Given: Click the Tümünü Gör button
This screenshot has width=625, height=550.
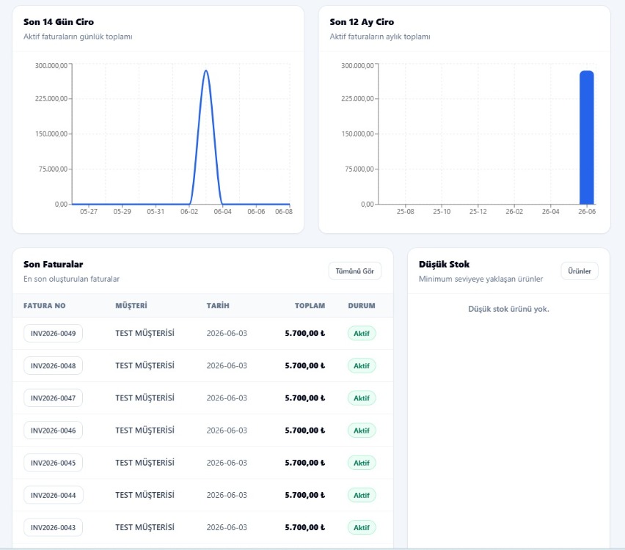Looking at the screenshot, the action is click(x=355, y=271).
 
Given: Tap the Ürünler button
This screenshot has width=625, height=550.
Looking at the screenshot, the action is click(x=580, y=271).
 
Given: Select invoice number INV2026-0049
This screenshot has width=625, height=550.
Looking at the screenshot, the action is click(x=53, y=333).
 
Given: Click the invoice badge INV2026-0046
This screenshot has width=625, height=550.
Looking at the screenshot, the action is click(x=53, y=430).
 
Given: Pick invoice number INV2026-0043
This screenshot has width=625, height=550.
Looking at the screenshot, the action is click(x=53, y=527).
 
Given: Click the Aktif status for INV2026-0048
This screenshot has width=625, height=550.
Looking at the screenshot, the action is click(x=362, y=366).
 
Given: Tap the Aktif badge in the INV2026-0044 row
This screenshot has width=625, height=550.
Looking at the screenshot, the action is click(x=362, y=495).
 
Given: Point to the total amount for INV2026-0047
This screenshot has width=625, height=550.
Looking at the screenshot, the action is click(x=305, y=398).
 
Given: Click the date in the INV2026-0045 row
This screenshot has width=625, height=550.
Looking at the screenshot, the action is click(x=227, y=463).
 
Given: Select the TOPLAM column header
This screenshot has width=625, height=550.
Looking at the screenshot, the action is click(x=310, y=306).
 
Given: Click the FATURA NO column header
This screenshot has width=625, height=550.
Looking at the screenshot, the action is click(x=44, y=306).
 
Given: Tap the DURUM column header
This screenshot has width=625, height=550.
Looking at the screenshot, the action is click(x=362, y=306).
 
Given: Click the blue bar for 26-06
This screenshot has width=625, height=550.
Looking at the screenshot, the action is click(x=587, y=138).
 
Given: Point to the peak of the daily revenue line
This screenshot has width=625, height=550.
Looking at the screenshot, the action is click(x=205, y=70).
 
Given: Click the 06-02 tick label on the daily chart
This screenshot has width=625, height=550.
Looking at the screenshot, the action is click(x=189, y=212).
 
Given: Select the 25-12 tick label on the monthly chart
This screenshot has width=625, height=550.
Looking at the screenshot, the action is click(x=478, y=212).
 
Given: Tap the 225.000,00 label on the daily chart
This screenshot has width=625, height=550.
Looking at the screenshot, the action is click(x=51, y=98).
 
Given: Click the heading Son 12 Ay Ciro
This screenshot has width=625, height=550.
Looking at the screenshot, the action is click(x=362, y=22).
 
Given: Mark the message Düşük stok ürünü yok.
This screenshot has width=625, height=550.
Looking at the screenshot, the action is click(x=508, y=309).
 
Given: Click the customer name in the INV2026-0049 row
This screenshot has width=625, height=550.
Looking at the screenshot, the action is click(x=145, y=333).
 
